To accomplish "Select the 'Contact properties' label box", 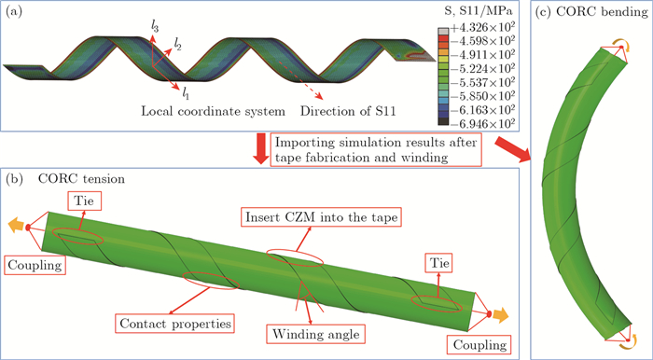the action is (x=175, y=324).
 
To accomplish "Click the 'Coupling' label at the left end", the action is (x=35, y=265).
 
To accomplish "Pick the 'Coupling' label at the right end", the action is (x=480, y=344).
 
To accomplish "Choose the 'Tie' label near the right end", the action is (x=438, y=263).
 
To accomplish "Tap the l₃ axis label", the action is (x=154, y=28).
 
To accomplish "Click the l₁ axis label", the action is (x=186, y=94).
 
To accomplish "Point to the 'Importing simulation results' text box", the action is (x=375, y=149).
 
